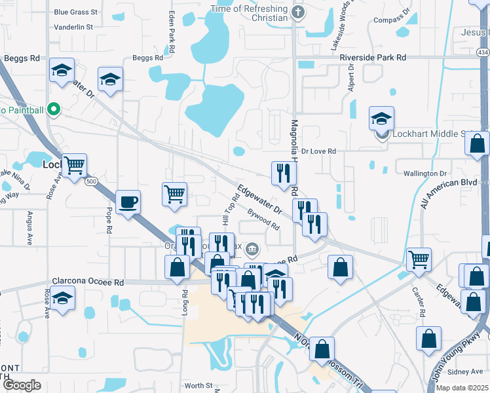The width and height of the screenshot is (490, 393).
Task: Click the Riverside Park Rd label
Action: pos(373,58)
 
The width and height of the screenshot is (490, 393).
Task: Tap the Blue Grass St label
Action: pos(75,12)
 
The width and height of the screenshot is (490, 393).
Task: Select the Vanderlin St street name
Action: pos(73,27)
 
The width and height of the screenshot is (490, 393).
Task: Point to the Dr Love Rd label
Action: pos(318,151)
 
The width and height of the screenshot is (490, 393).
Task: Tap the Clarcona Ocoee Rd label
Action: pos(88,282)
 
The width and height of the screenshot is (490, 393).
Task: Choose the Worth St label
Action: pos(198,386)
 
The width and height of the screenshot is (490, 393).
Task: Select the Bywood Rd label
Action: pos(264,219)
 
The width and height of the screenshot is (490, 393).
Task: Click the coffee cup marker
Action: pos(128,202)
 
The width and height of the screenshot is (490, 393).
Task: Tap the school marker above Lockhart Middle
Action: pos(381,119)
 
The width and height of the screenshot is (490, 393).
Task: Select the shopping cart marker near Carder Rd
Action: pos(419,259)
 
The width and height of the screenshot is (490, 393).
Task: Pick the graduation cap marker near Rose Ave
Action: pos(62,298)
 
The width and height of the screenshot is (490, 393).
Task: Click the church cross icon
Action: pos(298,11)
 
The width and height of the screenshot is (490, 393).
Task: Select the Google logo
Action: pos(22,385)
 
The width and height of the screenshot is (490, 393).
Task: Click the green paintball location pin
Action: pos(55,110)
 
